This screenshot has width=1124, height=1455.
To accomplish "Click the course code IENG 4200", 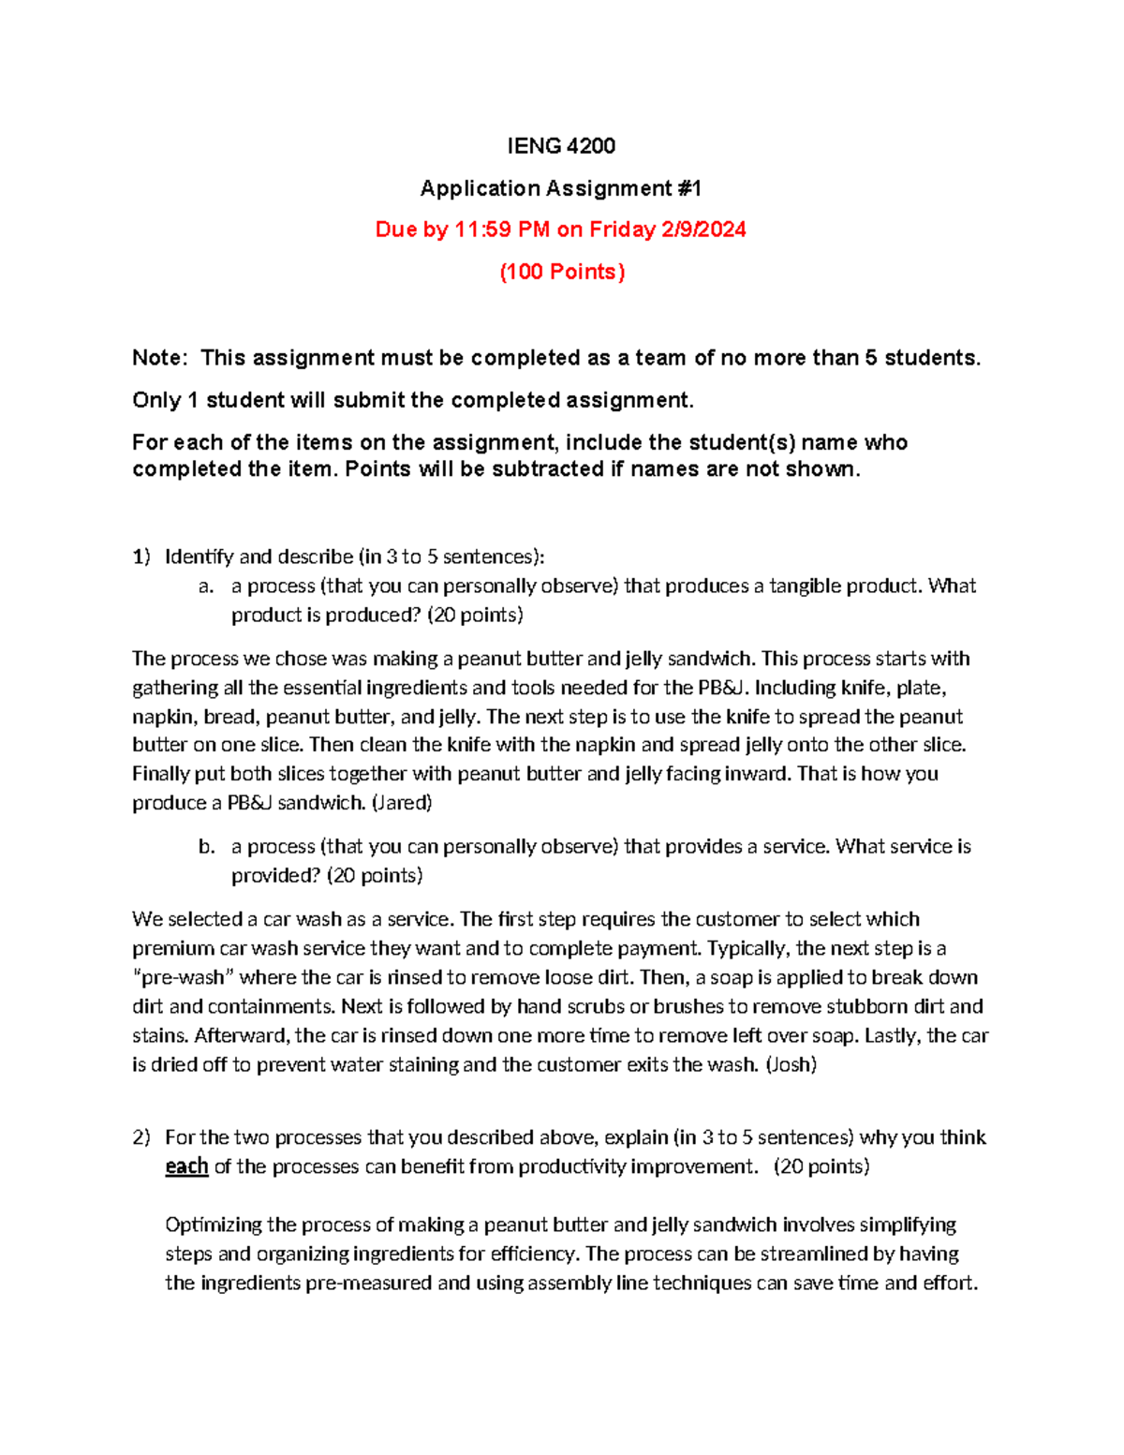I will pyautogui.click(x=560, y=146).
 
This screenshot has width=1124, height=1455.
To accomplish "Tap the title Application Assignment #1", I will pyautogui.click(x=560, y=188).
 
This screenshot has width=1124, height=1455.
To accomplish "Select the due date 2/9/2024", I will pyautogui.click(x=703, y=230).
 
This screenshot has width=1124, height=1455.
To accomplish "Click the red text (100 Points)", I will pyautogui.click(x=561, y=272).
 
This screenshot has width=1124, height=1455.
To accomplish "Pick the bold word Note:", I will pyautogui.click(x=159, y=358).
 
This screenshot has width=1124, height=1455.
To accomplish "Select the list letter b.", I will pyautogui.click(x=206, y=847).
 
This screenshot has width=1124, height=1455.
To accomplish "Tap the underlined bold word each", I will pyautogui.click(x=186, y=1166).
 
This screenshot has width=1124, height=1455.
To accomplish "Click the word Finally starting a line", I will pyautogui.click(x=160, y=774).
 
